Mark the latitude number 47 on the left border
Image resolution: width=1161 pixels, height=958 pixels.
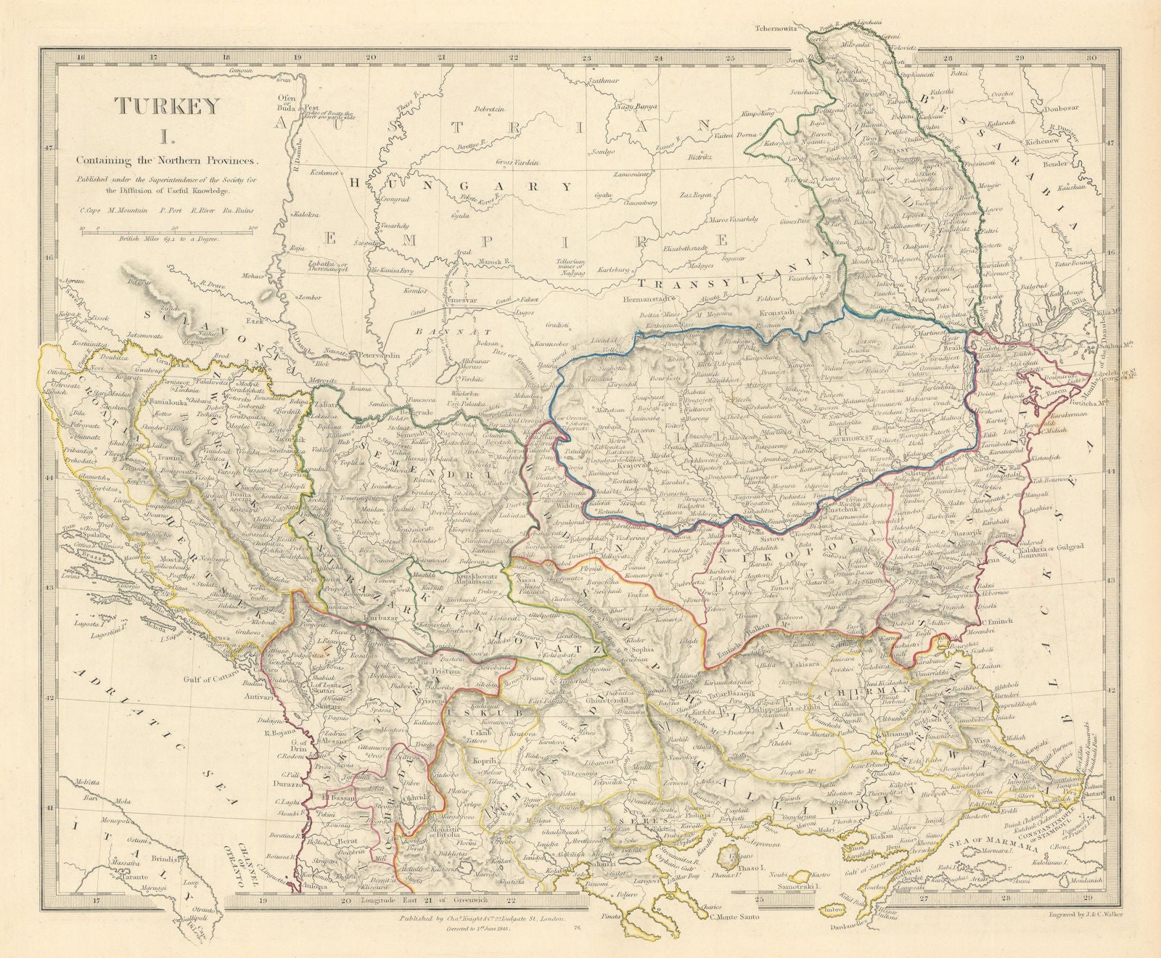point(49,147)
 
